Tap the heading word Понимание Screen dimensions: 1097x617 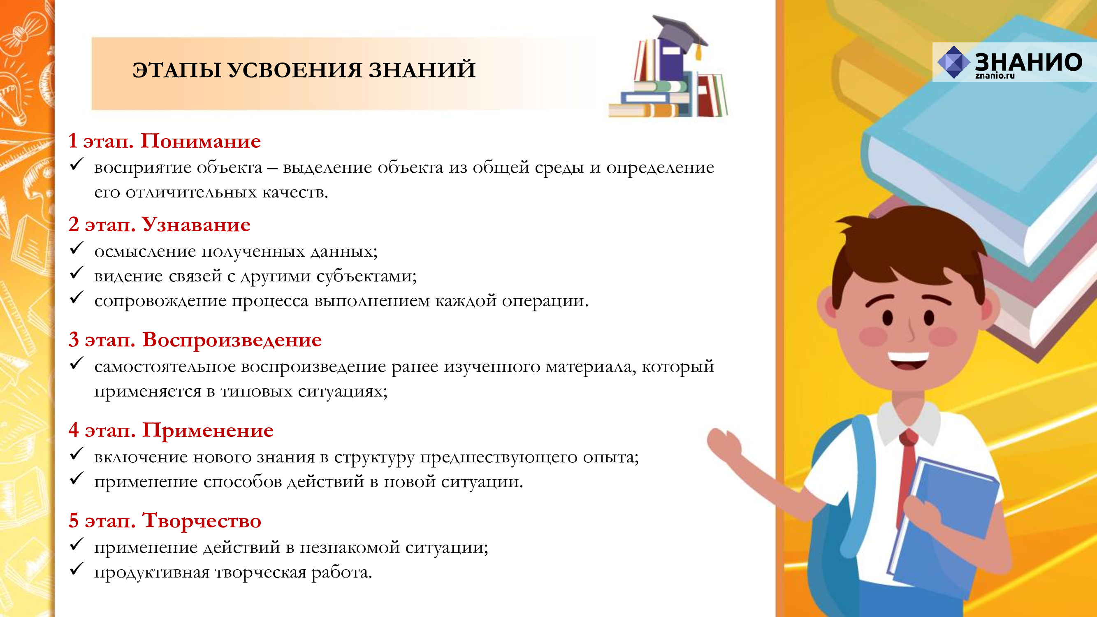point(201,141)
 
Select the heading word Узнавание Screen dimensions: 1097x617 point(196,225)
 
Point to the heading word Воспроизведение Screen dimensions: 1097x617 point(232,340)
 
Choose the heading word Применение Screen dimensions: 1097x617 point(208,431)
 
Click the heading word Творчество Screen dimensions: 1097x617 point(202,520)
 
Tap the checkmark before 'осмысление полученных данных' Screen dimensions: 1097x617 point(76,248)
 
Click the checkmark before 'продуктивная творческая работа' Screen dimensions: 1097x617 point(76,568)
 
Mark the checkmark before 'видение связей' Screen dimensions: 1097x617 point(76,273)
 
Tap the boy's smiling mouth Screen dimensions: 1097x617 point(908,361)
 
